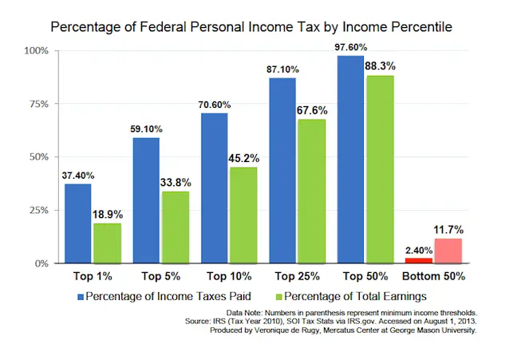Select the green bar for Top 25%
click(310, 191)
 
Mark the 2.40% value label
click(418, 250)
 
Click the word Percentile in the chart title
click(414, 26)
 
